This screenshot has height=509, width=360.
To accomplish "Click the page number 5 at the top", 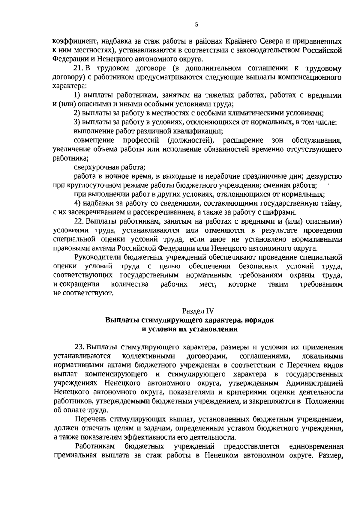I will (x=196, y=25).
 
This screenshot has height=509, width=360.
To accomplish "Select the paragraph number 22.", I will (x=79, y=221).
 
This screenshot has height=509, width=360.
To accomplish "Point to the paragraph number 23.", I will (x=80, y=347).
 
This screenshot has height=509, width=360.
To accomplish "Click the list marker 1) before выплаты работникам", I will (x=77, y=95).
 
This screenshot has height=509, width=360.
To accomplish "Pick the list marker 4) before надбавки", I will (x=77, y=204).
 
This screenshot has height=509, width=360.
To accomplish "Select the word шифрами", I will (x=283, y=213).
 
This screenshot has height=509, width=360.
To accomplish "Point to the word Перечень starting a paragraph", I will (x=91, y=419).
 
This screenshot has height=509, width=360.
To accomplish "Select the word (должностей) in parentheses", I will (x=191, y=140).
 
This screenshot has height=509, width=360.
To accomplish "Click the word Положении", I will (x=325, y=401).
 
